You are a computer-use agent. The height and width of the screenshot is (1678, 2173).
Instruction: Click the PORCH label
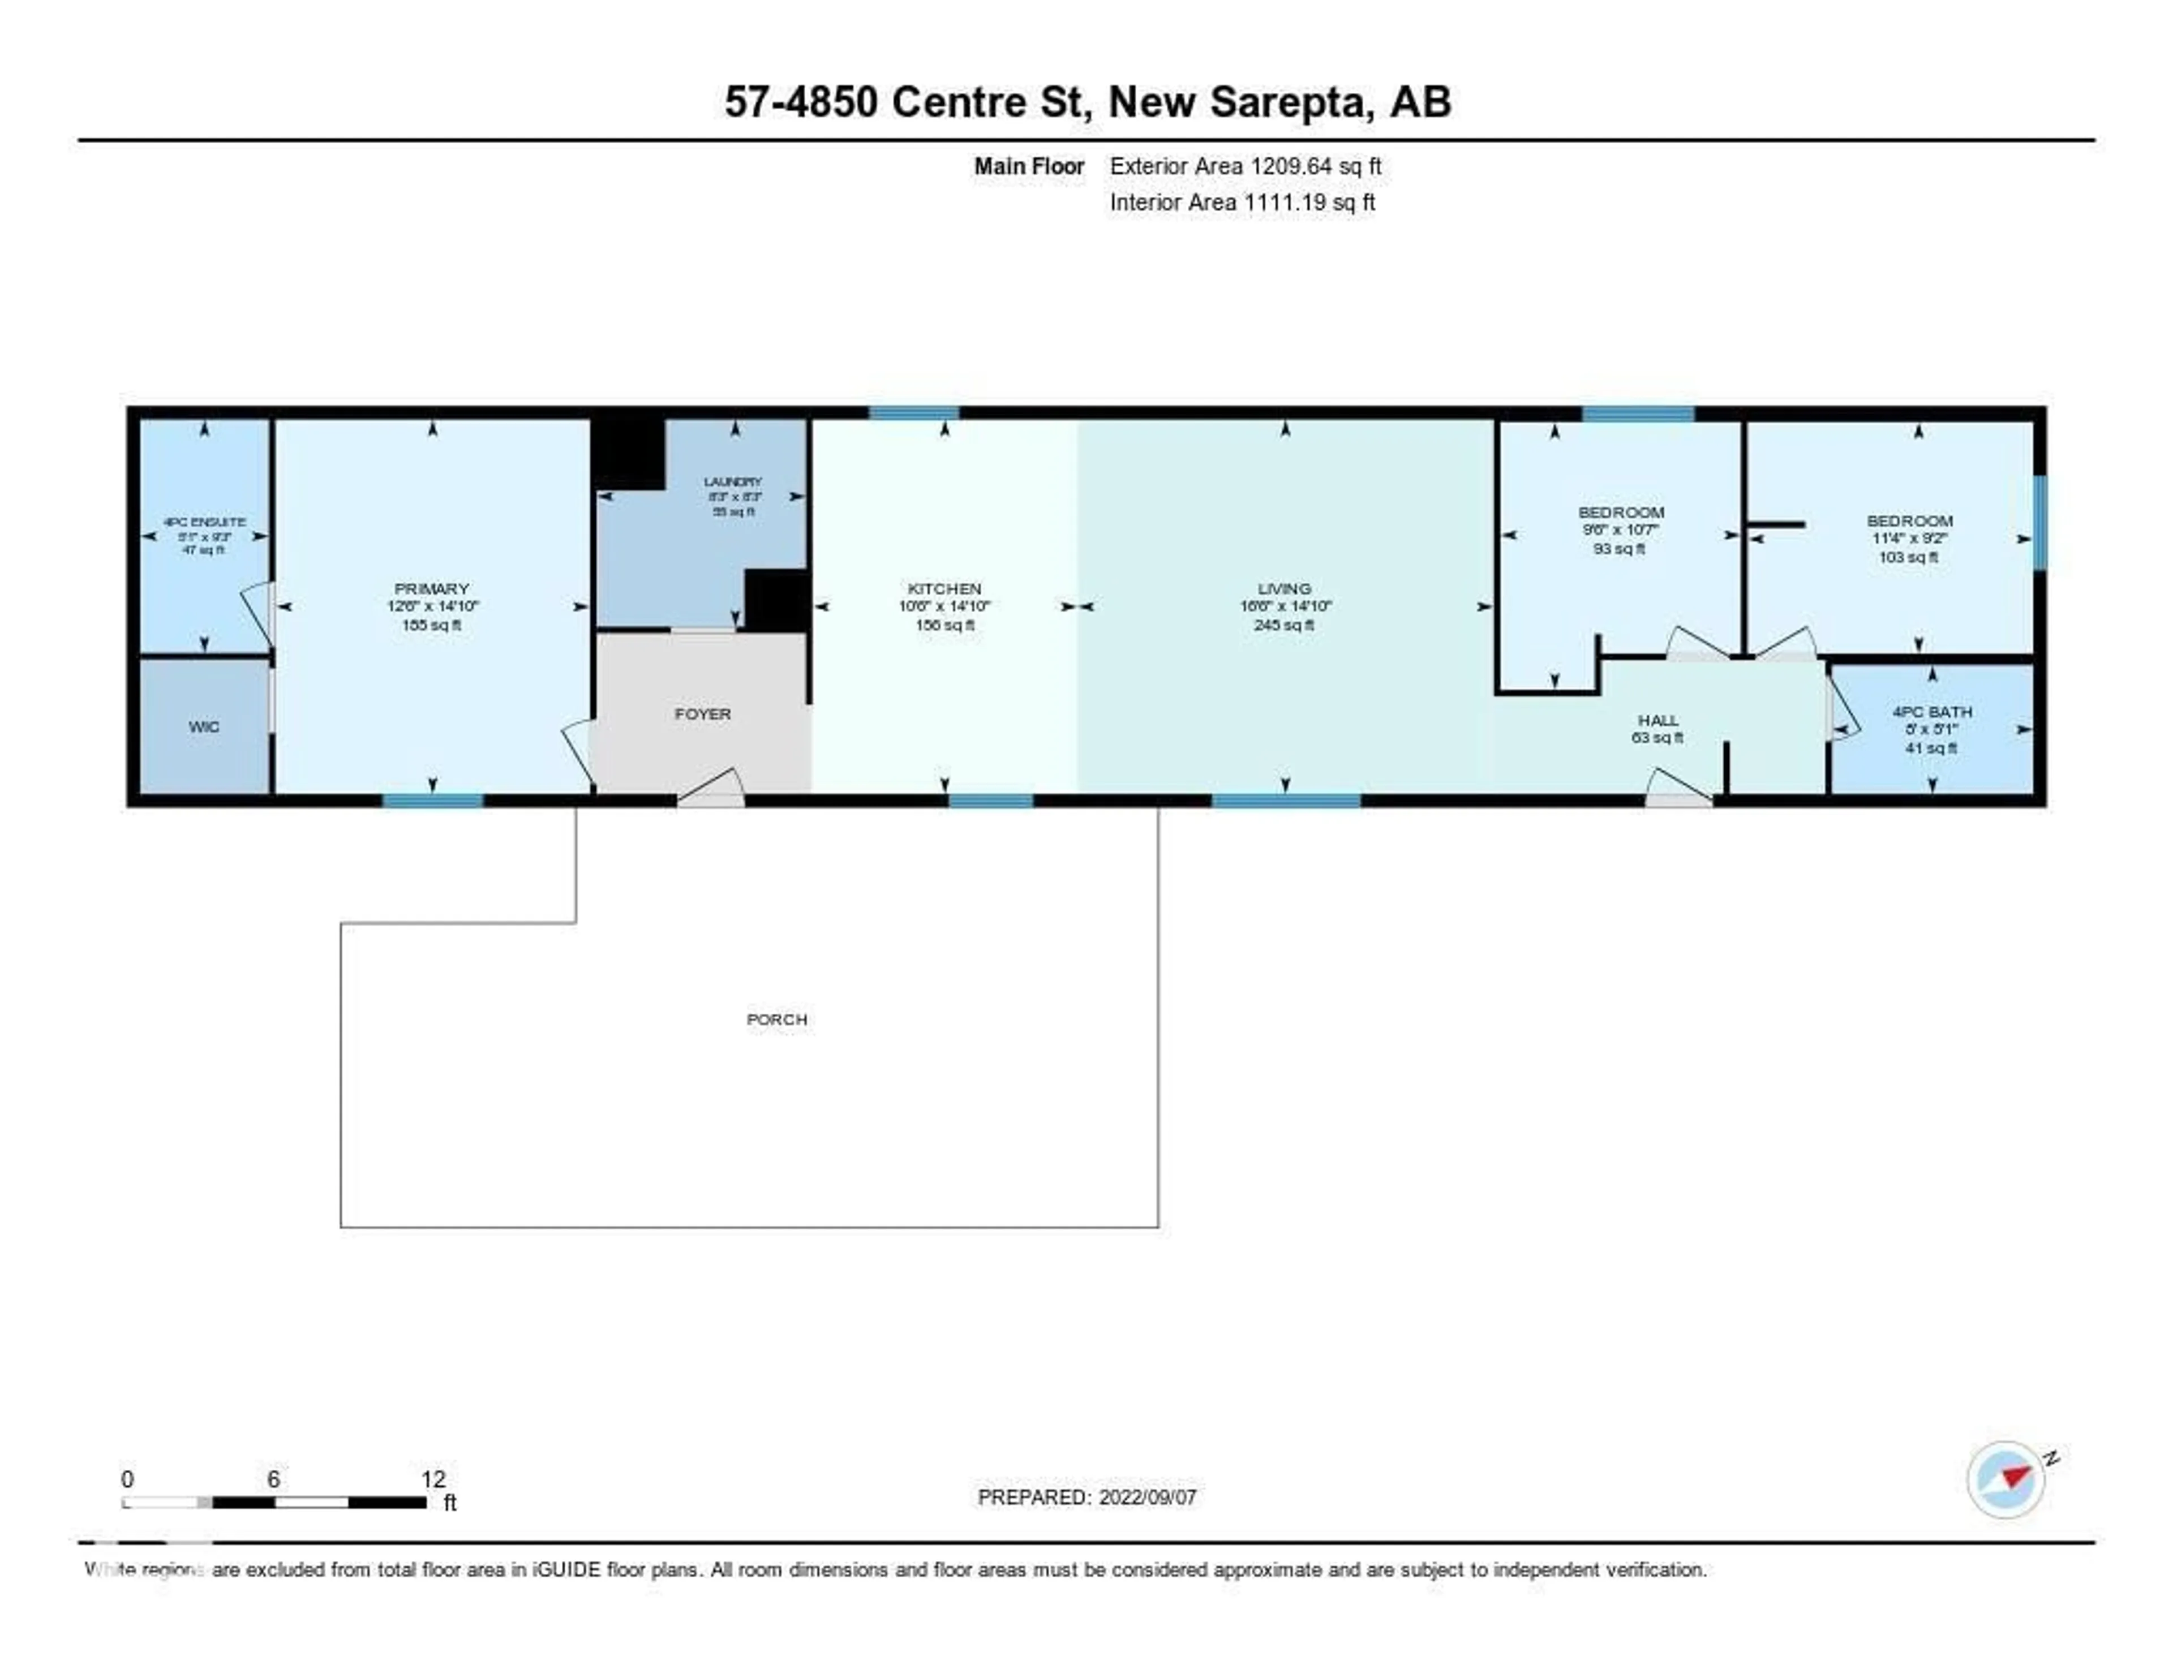coord(776,1019)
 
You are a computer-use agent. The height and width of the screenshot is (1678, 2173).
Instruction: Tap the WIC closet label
coord(203,727)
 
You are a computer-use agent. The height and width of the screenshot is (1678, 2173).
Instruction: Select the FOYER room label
coord(702,714)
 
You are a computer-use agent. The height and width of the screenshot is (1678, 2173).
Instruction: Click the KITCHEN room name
coord(944,589)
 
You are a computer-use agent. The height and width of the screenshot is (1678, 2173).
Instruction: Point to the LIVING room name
coord(1283,589)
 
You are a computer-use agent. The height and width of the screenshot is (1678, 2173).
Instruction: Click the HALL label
coord(1657,720)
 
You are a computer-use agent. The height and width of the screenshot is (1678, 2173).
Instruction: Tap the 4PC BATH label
coord(1931,712)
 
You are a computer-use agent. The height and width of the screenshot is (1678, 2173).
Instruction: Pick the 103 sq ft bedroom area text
coord(1908,557)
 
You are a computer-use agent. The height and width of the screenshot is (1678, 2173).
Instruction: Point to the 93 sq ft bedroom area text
coord(1619,548)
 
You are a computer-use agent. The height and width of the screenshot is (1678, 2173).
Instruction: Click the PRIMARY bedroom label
coord(431,589)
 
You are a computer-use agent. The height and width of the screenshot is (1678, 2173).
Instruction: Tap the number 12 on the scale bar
coord(433,1479)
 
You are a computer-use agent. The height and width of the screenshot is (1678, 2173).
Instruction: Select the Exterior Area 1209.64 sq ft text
coord(1245,166)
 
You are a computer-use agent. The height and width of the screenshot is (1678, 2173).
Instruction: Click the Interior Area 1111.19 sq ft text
coord(1242,202)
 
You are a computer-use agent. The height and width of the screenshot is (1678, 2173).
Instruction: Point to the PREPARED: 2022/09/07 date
coord(1086,1497)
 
